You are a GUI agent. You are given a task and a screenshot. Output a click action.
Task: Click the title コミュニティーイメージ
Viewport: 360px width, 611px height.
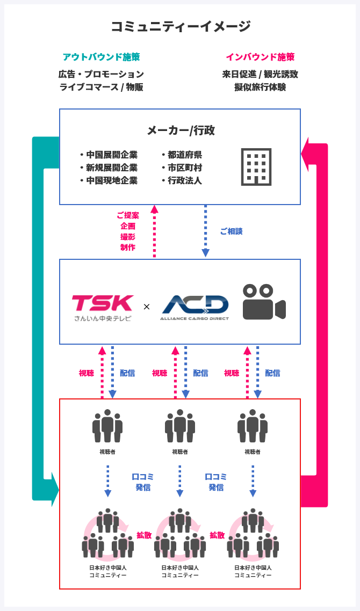[x=180, y=26]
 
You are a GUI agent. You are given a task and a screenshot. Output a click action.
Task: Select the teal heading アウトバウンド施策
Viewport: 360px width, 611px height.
[x=101, y=57]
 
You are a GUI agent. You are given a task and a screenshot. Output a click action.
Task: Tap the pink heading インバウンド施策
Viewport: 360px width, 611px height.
[x=260, y=57]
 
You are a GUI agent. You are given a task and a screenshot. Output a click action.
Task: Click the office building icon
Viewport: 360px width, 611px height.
[x=256, y=166]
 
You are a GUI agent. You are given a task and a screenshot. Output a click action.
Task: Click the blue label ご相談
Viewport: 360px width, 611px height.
[x=231, y=231]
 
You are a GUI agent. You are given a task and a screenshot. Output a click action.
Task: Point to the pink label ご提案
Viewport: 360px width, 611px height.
[x=128, y=215]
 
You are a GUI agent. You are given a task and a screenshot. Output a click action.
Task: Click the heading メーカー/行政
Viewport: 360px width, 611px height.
[x=181, y=130]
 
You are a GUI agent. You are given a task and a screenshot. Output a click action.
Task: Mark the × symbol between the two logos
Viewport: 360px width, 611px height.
[x=147, y=307]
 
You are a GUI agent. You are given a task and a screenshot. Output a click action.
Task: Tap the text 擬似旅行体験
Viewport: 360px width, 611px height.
[x=260, y=87]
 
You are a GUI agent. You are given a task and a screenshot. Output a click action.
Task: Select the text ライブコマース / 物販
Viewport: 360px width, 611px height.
[x=101, y=87]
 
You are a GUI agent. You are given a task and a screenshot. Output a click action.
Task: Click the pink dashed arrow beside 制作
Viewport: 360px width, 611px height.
[x=155, y=231]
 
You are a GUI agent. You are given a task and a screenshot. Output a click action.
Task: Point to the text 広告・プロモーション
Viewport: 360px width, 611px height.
[x=101, y=74]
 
